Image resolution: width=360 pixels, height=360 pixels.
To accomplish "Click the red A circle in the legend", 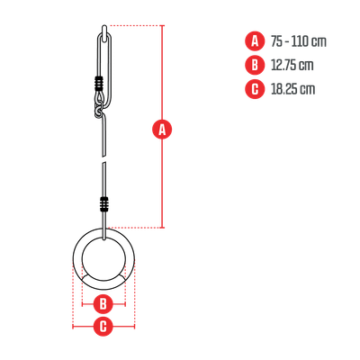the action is click(x=255, y=40).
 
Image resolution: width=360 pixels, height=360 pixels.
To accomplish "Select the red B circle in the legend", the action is click(x=255, y=65).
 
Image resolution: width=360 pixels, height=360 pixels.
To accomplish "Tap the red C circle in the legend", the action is click(x=255, y=89).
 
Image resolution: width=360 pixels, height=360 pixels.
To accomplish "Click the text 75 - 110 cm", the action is click(x=299, y=41).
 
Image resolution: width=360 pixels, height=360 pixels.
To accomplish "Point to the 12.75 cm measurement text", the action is click(x=292, y=65).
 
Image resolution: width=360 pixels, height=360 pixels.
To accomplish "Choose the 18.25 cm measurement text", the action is click(x=292, y=89).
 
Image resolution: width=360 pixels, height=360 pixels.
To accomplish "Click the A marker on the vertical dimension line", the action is click(x=162, y=130).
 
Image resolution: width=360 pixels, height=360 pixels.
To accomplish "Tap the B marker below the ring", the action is click(x=103, y=304).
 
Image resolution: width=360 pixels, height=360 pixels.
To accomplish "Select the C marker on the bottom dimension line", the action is click(x=103, y=327).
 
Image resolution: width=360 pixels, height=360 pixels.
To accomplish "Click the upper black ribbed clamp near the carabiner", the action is click(x=99, y=84).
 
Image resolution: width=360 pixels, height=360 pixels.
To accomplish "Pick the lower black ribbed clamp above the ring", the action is click(x=104, y=204).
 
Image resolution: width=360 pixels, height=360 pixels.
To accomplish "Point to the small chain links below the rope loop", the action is click(x=98, y=111).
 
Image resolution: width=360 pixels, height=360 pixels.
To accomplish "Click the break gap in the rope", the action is click(x=103, y=159).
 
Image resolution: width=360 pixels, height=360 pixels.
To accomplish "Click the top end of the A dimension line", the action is click(x=163, y=26).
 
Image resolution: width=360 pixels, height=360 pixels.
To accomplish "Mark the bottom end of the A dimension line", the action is click(x=163, y=228).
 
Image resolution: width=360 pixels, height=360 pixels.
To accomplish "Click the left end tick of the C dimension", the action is click(x=73, y=327).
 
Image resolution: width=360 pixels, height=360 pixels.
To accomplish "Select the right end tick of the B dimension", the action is click(x=125, y=304).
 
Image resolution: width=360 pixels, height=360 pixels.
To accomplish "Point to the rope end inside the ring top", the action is click(x=104, y=238).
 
